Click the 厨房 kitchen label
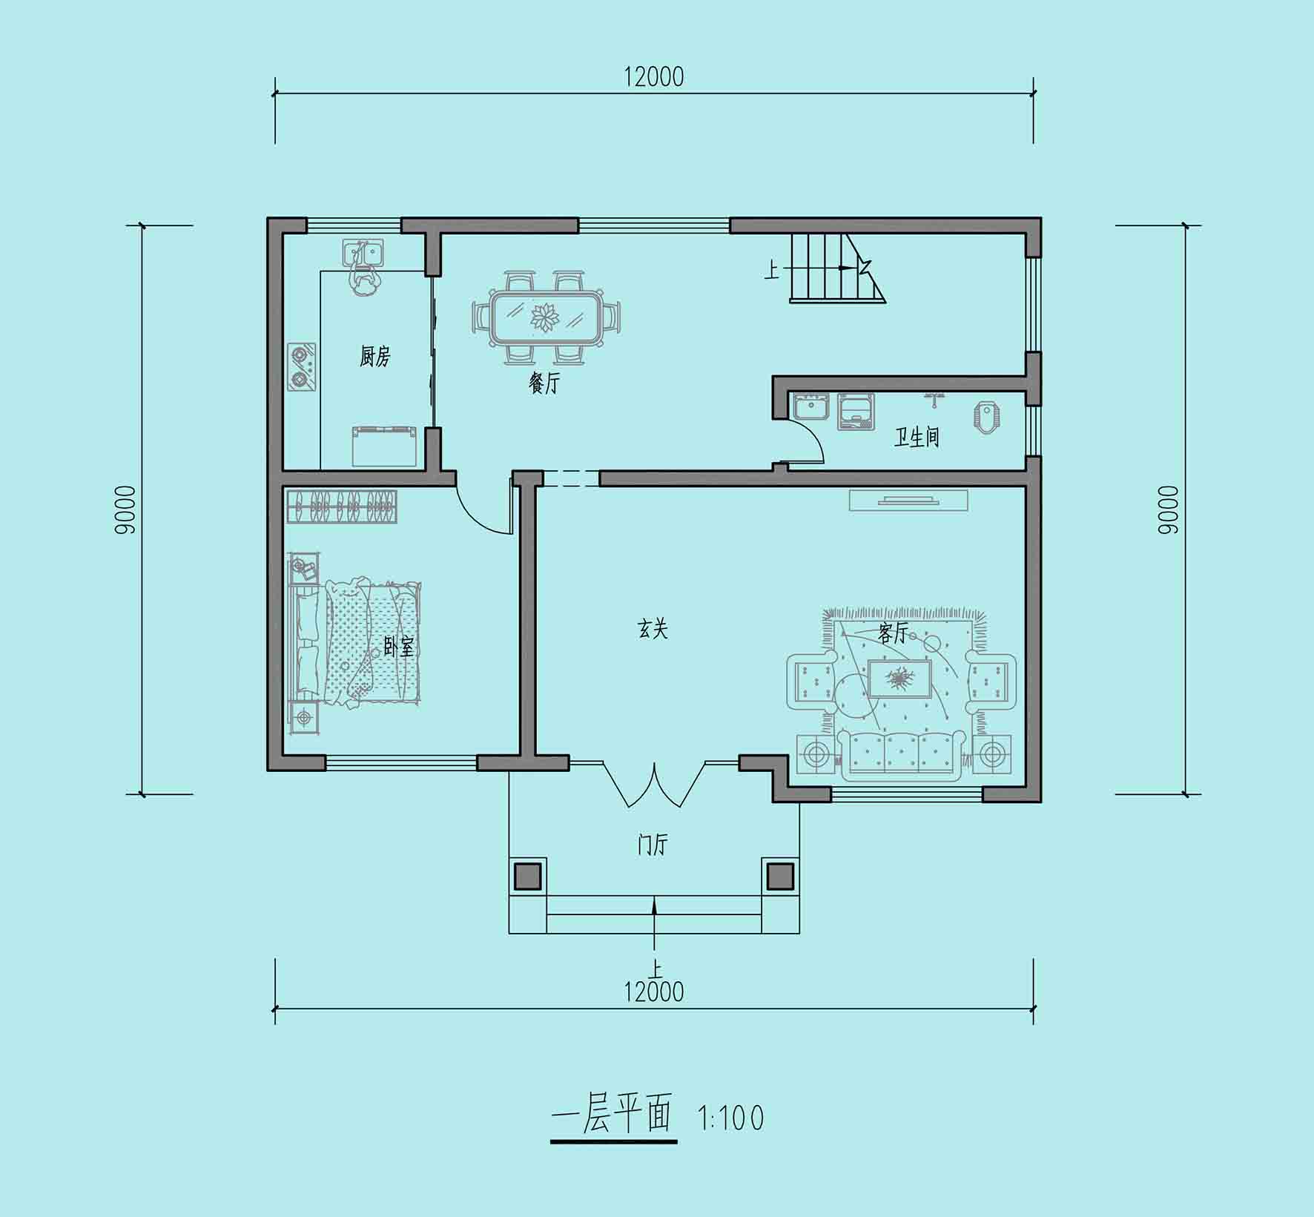point(374,357)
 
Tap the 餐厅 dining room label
point(544,383)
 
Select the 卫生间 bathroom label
point(917,437)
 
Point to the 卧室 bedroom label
point(399,647)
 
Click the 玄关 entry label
point(653,629)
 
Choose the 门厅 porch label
point(653,845)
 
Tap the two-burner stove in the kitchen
point(302,366)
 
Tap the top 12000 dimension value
point(654,76)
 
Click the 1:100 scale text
point(731,1118)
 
